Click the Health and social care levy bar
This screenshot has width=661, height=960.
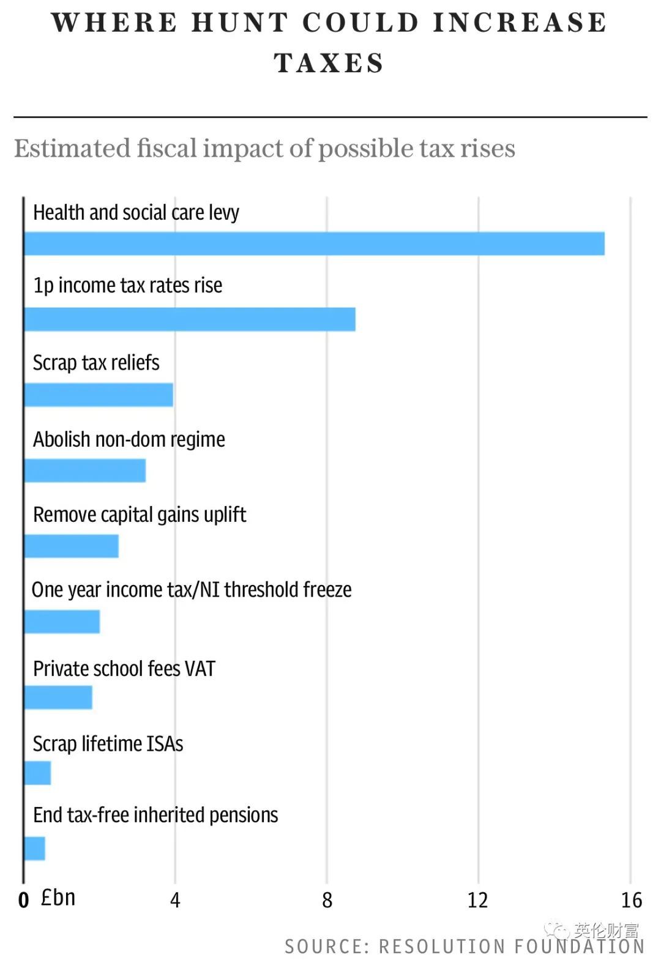click(314, 244)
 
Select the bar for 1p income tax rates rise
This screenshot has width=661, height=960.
click(190, 319)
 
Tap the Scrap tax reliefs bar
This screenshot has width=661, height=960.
click(99, 395)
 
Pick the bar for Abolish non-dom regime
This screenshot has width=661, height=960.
click(85, 471)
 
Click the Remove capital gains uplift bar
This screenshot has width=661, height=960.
click(72, 546)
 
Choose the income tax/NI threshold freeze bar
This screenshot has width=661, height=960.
click(62, 622)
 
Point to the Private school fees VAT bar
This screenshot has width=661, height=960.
click(58, 697)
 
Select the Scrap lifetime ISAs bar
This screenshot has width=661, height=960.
click(37, 773)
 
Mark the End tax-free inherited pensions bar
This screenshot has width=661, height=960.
click(34, 849)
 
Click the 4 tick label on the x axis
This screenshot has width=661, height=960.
click(175, 900)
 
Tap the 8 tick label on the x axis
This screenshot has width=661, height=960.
click(327, 900)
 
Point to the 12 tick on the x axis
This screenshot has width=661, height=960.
click(477, 900)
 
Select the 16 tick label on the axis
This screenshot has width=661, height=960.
click(631, 900)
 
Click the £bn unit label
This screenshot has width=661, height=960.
click(58, 898)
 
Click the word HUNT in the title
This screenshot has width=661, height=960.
click(240, 23)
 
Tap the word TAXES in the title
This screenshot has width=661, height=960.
click(329, 63)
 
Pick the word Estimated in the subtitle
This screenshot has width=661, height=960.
click(72, 149)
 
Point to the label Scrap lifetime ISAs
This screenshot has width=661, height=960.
click(108, 744)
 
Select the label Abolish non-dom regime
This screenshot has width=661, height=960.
click(129, 439)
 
